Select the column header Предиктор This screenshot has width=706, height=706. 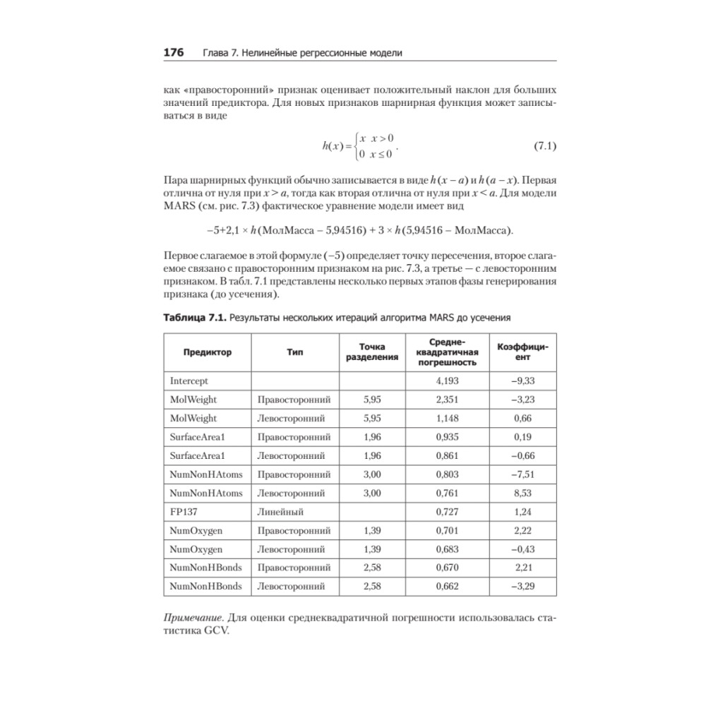(x=207, y=352)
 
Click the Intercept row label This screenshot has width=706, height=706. (x=189, y=381)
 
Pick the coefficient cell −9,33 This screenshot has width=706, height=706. (x=522, y=381)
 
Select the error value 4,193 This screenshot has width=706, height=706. (x=448, y=381)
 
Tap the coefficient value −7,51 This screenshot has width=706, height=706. (x=522, y=473)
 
